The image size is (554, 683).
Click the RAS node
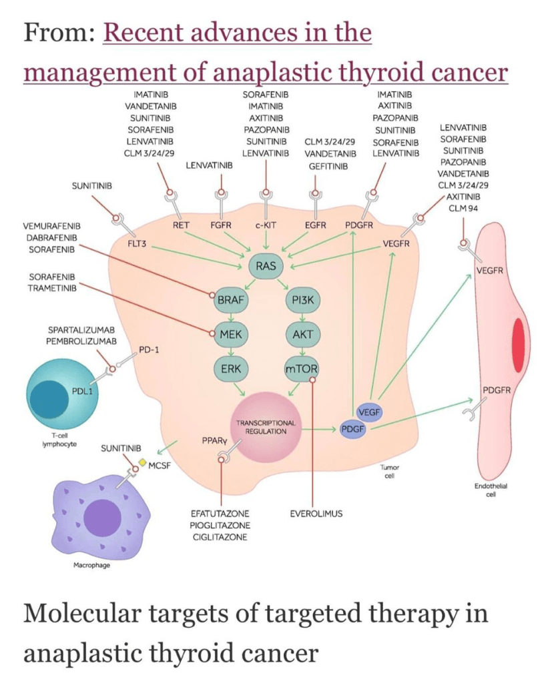[265, 267]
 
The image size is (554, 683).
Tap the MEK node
[229, 335]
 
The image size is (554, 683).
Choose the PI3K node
[302, 301]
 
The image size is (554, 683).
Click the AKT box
[302, 335]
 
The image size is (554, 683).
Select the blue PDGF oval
[352, 429]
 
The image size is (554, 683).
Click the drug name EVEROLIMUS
[316, 514]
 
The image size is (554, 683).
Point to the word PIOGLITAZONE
[219, 526]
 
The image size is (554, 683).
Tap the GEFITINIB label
[328, 165]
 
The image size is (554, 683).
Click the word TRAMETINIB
[53, 288]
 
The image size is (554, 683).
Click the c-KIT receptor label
[266, 225]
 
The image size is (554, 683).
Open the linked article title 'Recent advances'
[238, 32]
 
